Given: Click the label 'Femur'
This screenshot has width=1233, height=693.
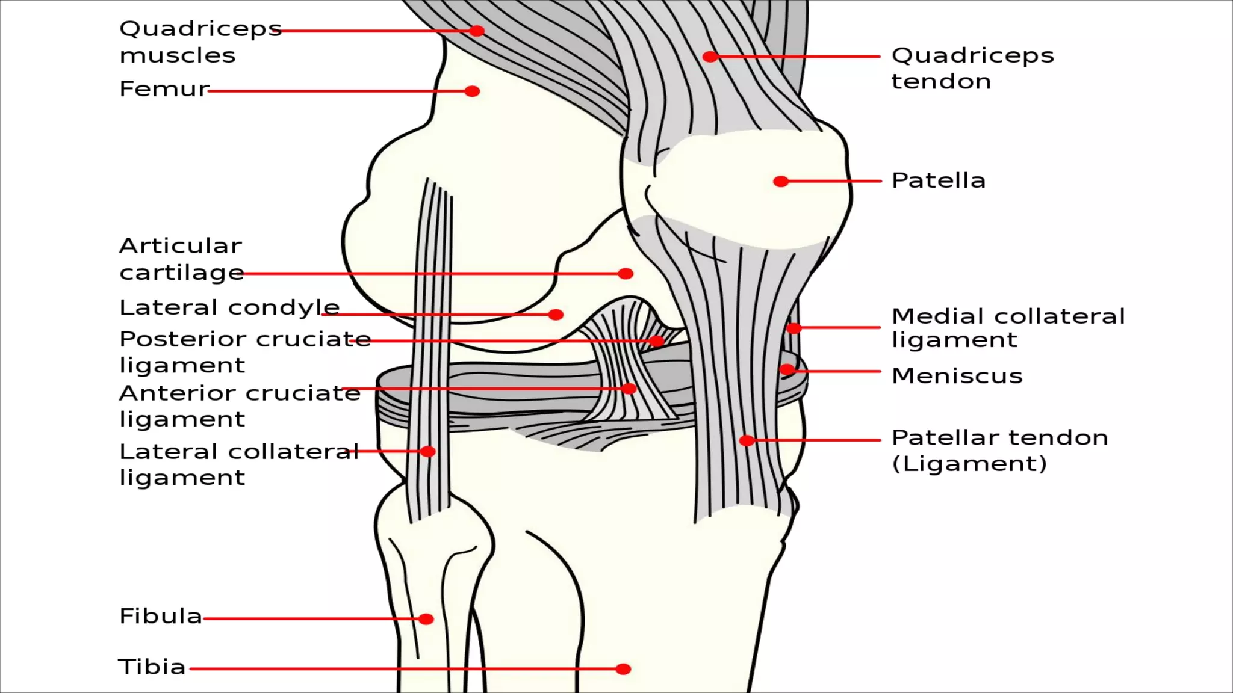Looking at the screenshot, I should (x=164, y=89).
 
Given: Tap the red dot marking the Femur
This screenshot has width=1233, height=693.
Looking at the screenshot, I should (x=473, y=91).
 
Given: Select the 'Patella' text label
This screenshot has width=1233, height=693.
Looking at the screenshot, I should (x=938, y=180).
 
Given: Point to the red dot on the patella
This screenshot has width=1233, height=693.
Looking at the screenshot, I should (x=781, y=181).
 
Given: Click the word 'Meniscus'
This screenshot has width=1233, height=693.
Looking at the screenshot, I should (x=957, y=376).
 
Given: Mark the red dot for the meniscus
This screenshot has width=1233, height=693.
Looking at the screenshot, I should (x=787, y=369).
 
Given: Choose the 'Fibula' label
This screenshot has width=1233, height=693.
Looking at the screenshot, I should (x=161, y=616).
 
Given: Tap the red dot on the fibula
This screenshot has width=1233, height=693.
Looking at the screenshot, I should (x=426, y=619).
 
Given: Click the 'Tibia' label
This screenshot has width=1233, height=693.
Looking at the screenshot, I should (x=152, y=667).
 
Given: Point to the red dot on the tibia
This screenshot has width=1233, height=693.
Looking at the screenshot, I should (x=624, y=669).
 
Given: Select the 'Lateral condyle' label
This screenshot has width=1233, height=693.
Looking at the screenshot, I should (x=229, y=307).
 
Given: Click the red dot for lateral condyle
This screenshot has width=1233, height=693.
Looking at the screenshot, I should (x=556, y=315).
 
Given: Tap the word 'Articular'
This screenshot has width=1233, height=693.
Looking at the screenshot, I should (x=181, y=245).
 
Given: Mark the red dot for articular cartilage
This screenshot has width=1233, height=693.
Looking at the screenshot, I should (x=626, y=274).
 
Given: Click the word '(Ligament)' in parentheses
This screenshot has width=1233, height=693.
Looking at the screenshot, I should (x=969, y=464).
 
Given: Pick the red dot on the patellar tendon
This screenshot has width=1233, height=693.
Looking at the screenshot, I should (x=747, y=440).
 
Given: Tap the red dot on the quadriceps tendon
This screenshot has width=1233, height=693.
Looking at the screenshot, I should (x=710, y=57).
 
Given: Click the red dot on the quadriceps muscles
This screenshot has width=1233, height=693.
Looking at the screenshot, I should (x=477, y=31).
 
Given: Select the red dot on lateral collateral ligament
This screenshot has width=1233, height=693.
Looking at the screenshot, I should (x=428, y=451).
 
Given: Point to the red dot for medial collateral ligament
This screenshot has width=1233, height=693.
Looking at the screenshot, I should (x=794, y=328).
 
